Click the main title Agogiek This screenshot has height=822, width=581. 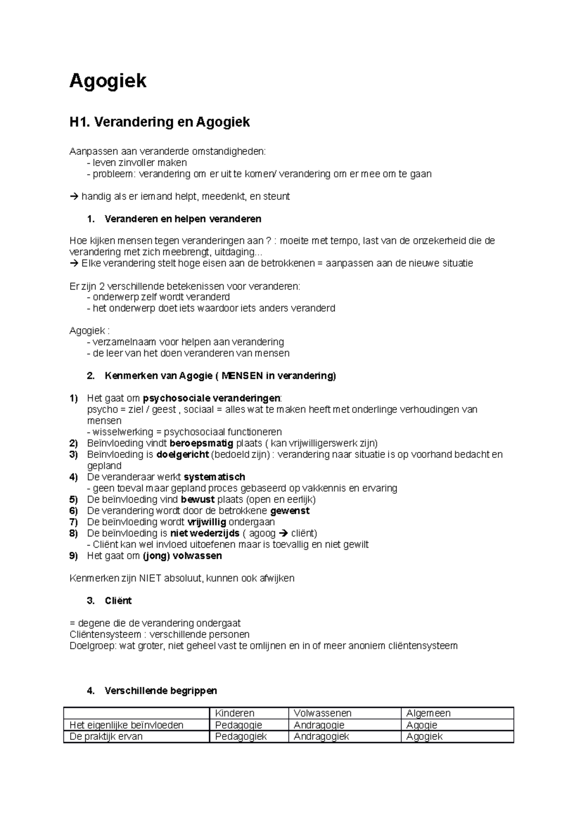(x=107, y=80)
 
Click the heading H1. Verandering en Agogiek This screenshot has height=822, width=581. (x=160, y=122)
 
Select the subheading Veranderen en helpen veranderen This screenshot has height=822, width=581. (x=183, y=219)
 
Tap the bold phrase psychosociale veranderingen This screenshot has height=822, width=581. (x=211, y=398)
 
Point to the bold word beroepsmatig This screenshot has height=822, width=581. (x=201, y=443)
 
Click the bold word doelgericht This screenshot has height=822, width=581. (x=183, y=455)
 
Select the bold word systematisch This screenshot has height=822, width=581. (x=214, y=477)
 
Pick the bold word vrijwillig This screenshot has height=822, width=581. (x=206, y=522)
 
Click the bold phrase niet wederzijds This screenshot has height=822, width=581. (x=204, y=533)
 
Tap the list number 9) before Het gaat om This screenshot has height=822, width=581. (x=74, y=556)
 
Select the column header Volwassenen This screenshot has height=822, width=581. (x=322, y=713)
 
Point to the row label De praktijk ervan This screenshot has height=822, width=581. (x=106, y=736)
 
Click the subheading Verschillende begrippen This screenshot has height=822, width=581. (x=161, y=691)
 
